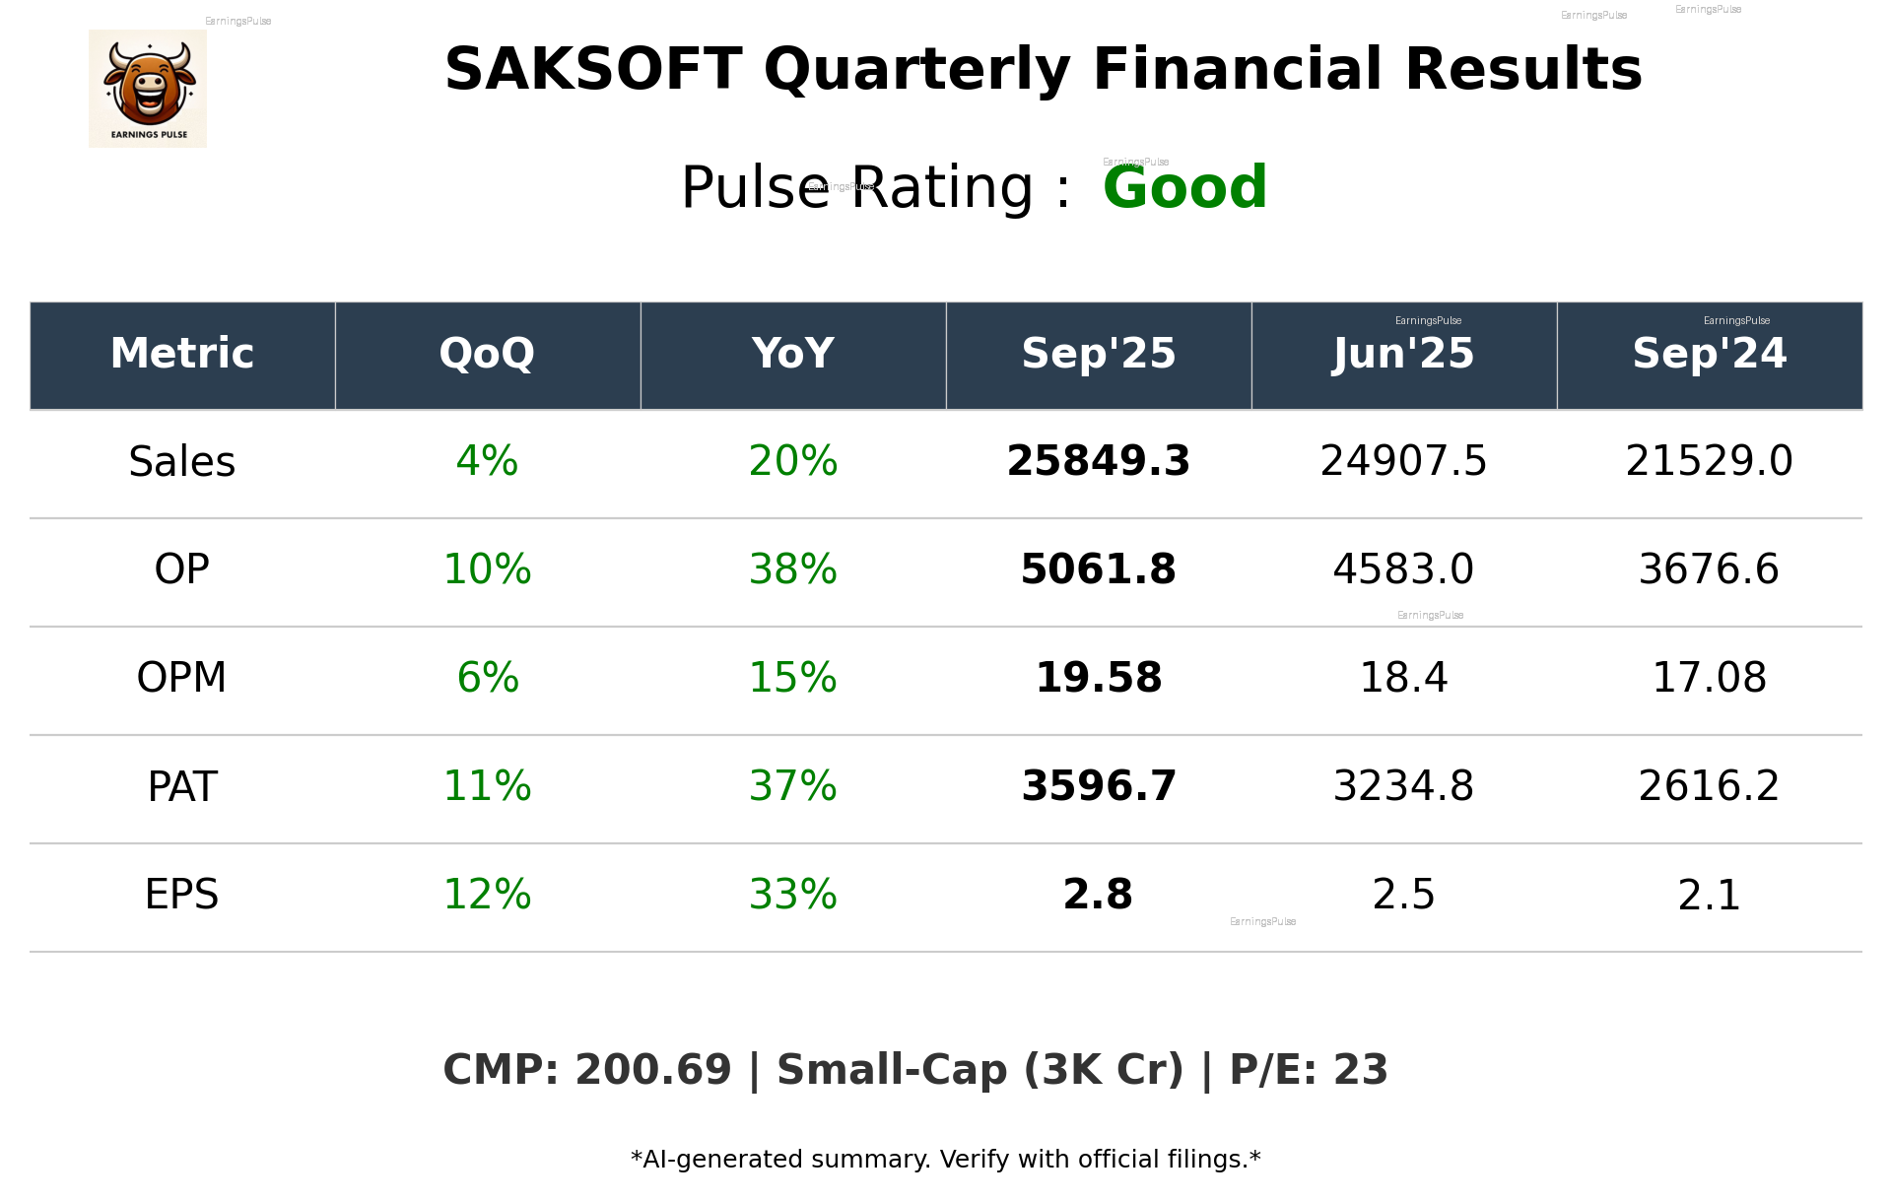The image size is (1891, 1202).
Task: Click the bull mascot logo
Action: click(148, 88)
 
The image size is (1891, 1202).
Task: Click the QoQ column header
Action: click(487, 354)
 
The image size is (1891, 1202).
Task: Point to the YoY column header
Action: click(792, 354)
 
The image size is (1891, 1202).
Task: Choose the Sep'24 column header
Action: click(1709, 354)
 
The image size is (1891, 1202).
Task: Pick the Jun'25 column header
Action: click(1403, 354)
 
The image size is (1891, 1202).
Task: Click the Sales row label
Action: click(182, 462)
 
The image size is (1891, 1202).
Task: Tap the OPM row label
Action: click(181, 678)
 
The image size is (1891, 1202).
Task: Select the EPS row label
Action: click(181, 895)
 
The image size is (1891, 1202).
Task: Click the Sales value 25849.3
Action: click(1098, 462)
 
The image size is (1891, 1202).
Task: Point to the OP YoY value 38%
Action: click(792, 569)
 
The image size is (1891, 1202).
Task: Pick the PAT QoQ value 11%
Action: click(487, 786)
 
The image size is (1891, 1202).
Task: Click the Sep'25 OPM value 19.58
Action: click(1098, 678)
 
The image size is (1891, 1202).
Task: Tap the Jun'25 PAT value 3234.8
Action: click(1403, 786)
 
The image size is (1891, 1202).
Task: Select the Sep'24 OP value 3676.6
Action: click(1709, 569)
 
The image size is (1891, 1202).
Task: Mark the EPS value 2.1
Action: click(1709, 895)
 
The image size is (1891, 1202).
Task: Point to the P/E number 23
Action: click(1361, 1070)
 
